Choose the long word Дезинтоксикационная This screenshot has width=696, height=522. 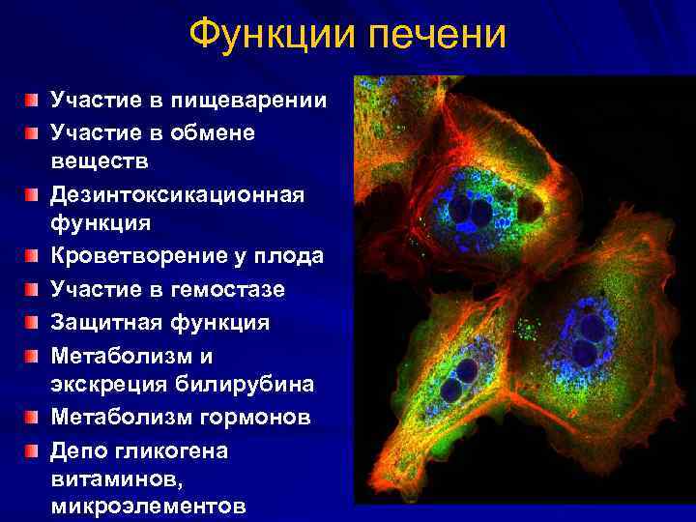(x=177, y=195)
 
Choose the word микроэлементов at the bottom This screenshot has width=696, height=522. (x=149, y=506)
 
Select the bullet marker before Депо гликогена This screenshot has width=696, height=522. (x=33, y=449)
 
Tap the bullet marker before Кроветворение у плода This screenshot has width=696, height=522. (x=33, y=258)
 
